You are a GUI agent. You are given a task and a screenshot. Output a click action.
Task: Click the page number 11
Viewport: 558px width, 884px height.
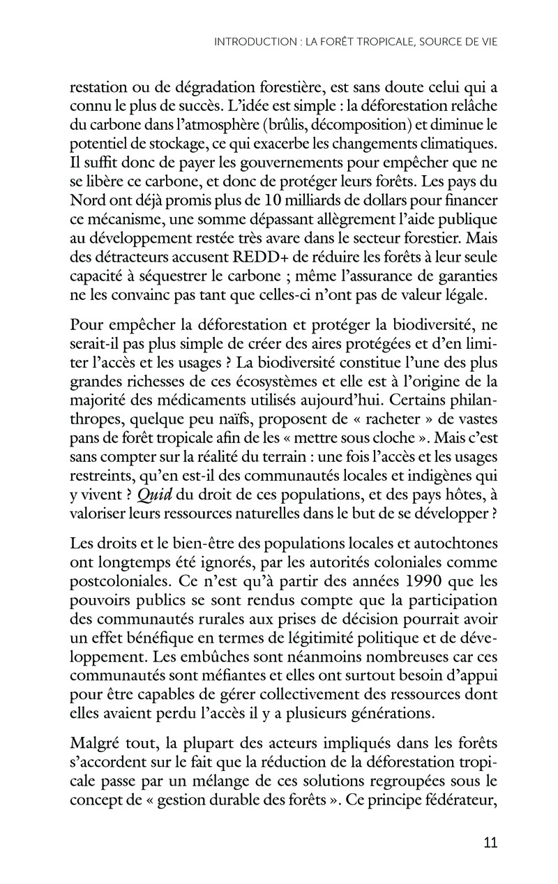point(490,842)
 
